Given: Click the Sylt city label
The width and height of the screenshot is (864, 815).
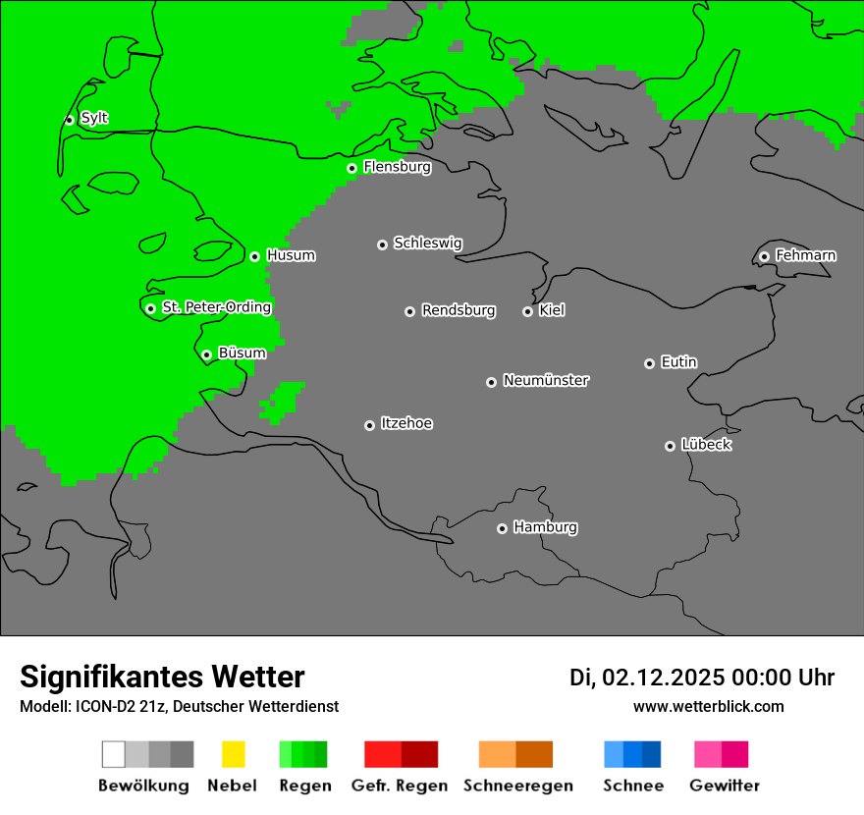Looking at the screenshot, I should pos(94,119).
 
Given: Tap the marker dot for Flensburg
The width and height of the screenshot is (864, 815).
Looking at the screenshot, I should pos(351,168).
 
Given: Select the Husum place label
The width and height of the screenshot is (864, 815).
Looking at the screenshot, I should pos(291,255).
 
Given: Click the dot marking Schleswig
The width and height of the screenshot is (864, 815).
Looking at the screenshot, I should pos(382,244).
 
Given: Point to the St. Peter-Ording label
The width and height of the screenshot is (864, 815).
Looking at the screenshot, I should pos(216,307).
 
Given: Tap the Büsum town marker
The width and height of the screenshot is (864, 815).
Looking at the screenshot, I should pos(206,354).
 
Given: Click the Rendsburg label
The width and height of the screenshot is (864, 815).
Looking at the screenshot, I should pos(459,310).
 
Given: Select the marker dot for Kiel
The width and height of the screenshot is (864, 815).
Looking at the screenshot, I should pos(527,311).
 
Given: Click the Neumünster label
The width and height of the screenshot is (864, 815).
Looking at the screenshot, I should pos(546,381).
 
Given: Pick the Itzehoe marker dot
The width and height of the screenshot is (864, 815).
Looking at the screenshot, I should pos(369,425).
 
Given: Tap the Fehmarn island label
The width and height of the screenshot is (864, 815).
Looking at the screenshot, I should pos(805,255).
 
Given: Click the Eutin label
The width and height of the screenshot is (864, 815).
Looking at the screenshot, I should pos(678,362).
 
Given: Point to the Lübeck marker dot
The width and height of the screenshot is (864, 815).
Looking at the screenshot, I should pos(670,446).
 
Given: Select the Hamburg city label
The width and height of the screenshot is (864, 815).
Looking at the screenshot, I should pos(545,527).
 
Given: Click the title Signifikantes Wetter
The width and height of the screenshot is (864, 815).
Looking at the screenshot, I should pos(162,678).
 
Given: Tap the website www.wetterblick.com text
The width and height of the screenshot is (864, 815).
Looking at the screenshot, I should pos(708,707).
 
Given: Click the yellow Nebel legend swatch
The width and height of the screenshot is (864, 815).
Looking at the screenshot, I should pos(233,754).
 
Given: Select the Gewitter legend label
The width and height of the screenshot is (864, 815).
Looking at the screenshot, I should pos(725,786).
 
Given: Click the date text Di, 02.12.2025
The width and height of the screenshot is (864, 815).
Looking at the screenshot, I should pos(646,678).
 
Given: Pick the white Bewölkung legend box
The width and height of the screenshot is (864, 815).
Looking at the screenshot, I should pos(113,754).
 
